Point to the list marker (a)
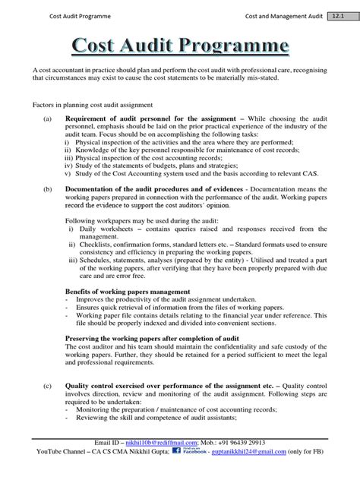[47, 118]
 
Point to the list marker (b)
[47, 188]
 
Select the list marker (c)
[47, 385]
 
